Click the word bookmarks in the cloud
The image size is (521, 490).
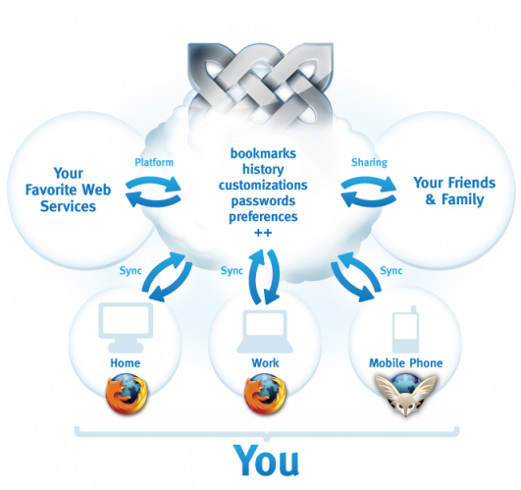coord(263,153)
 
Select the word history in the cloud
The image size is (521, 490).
coord(263,169)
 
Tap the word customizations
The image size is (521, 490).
coord(263,185)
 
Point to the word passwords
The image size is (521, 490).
coord(263,200)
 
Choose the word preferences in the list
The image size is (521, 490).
coord(263,217)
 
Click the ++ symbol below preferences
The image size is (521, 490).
coord(263,233)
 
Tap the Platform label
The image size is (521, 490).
coord(154,162)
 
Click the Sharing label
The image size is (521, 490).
coord(370,162)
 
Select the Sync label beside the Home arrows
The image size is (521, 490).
coord(130,271)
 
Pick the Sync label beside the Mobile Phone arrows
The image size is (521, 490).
coord(391,271)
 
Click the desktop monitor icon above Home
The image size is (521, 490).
coord(126,327)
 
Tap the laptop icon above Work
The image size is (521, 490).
coord(265,332)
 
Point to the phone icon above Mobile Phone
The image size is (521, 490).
coord(405,329)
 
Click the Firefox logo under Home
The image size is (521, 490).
coord(127,394)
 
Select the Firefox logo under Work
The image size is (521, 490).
coord(265,394)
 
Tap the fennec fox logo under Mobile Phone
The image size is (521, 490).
coord(405,395)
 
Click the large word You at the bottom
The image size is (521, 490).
coord(266,461)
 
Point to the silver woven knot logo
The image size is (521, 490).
coord(260,84)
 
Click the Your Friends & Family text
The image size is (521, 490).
coord(454,191)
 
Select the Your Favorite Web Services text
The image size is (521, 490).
coord(68,190)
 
